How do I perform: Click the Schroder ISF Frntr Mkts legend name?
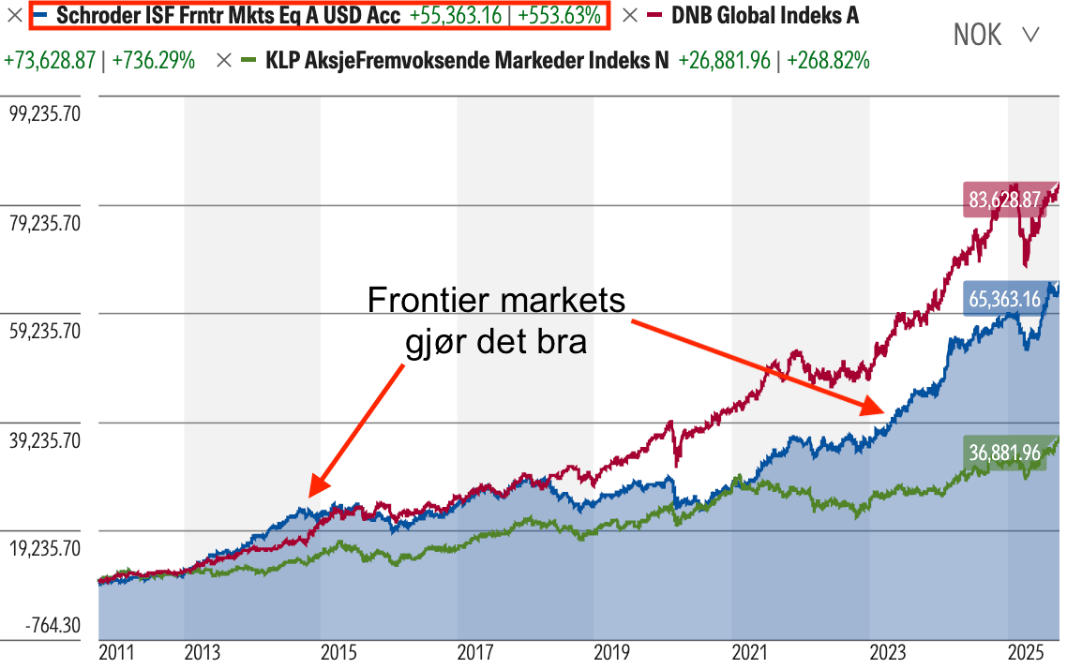click(229, 15)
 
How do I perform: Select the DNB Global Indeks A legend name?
click(764, 15)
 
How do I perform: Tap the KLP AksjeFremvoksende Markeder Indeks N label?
click(468, 61)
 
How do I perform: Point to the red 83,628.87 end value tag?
click(1003, 200)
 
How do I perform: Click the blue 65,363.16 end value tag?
click(1003, 300)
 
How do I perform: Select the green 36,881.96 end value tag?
click(1003, 453)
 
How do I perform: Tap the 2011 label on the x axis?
click(117, 652)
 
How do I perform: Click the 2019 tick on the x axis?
click(611, 652)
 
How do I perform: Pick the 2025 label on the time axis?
click(1028, 652)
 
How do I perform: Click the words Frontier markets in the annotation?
click(496, 301)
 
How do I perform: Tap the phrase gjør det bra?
click(496, 341)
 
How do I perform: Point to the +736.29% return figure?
click(153, 61)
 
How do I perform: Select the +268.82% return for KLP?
click(828, 61)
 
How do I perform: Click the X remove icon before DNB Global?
click(630, 15)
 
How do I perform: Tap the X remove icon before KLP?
click(223, 61)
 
